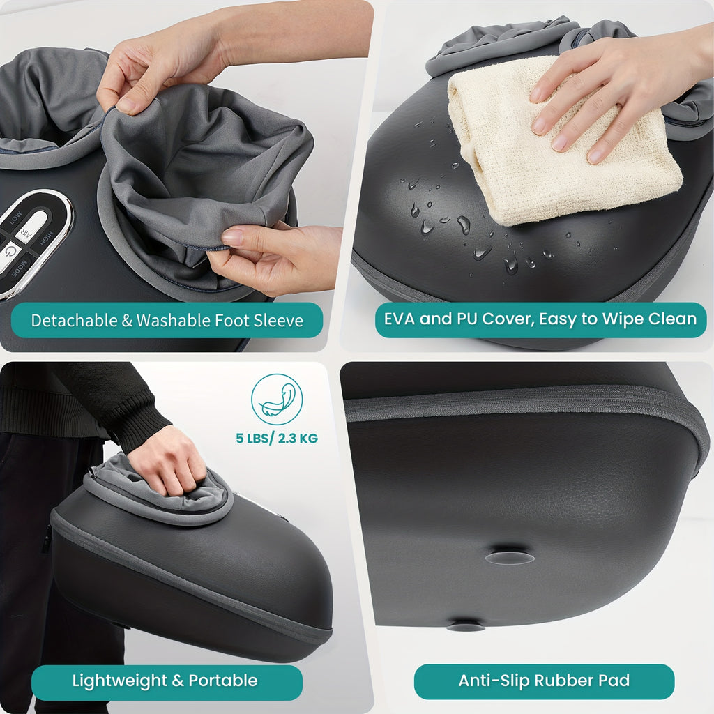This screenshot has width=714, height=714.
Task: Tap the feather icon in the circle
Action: pos(277,400)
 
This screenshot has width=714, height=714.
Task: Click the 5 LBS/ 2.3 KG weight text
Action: pos(277,439)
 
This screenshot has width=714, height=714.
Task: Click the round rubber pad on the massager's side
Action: pos(510,557)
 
